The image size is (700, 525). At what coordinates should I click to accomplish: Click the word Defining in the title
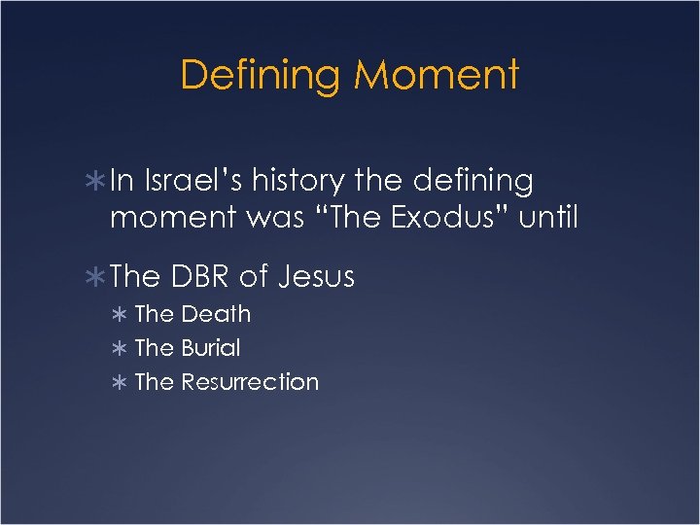click(x=262, y=76)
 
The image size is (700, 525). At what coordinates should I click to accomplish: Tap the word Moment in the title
click(x=437, y=76)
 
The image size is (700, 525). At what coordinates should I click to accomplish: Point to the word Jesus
click(x=317, y=277)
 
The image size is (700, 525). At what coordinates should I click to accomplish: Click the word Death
click(x=216, y=314)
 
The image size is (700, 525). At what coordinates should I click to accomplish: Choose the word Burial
click(x=211, y=348)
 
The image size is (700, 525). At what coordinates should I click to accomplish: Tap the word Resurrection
click(x=250, y=382)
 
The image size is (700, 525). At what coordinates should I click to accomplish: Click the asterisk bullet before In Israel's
click(x=97, y=182)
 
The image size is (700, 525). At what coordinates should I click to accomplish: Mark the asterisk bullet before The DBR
click(x=97, y=278)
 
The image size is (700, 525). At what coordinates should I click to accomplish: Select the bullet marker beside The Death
click(x=121, y=315)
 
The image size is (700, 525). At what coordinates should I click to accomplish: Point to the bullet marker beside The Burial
click(x=121, y=349)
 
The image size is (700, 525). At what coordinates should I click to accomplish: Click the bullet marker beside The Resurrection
click(x=121, y=383)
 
